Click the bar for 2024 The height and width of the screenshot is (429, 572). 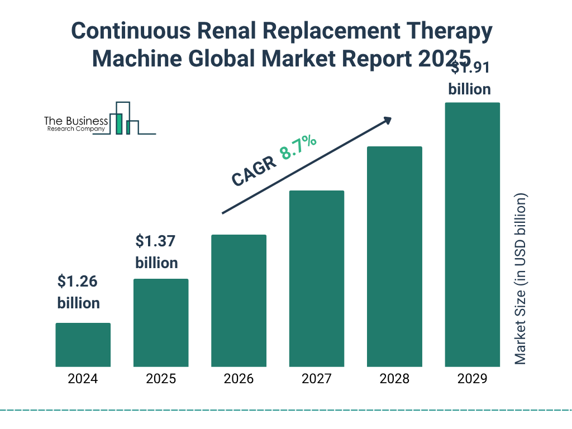[83, 345]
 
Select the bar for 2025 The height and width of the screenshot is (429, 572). [161, 323]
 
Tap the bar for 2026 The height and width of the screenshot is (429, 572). [239, 301]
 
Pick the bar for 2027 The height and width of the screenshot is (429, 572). [316, 279]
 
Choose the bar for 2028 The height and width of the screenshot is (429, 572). [394, 256]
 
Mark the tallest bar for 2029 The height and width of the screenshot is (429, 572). [472, 235]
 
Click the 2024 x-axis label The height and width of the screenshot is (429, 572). [83, 379]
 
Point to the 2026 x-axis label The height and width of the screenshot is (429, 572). [239, 379]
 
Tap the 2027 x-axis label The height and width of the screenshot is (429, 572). [316, 379]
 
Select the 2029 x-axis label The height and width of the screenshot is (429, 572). [472, 379]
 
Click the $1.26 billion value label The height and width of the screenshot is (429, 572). [78, 292]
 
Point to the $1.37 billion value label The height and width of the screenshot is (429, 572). [156, 252]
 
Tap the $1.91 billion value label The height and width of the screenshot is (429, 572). [470, 79]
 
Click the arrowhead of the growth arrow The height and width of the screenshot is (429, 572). [387, 120]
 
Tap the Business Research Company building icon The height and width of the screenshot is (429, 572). [124, 119]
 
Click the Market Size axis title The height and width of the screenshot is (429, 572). [521, 279]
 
